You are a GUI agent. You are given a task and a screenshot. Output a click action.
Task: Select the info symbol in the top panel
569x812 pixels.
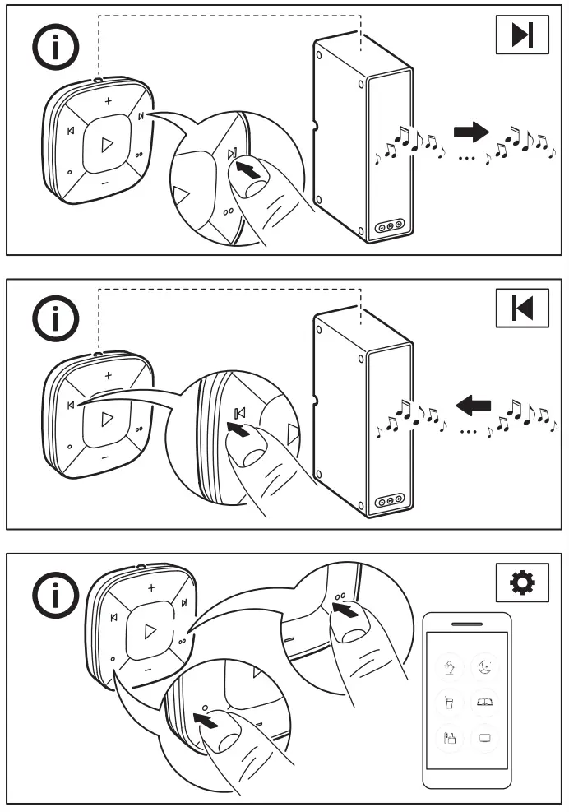pos(55,47)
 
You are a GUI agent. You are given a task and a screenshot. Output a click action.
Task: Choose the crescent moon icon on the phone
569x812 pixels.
pos(484,669)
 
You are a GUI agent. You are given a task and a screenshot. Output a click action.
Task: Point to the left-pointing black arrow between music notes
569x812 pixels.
pos(474,404)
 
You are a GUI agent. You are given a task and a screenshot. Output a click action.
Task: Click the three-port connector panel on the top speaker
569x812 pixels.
pos(389,225)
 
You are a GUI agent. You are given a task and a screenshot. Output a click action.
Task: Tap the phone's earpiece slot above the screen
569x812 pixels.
pos(467,624)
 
